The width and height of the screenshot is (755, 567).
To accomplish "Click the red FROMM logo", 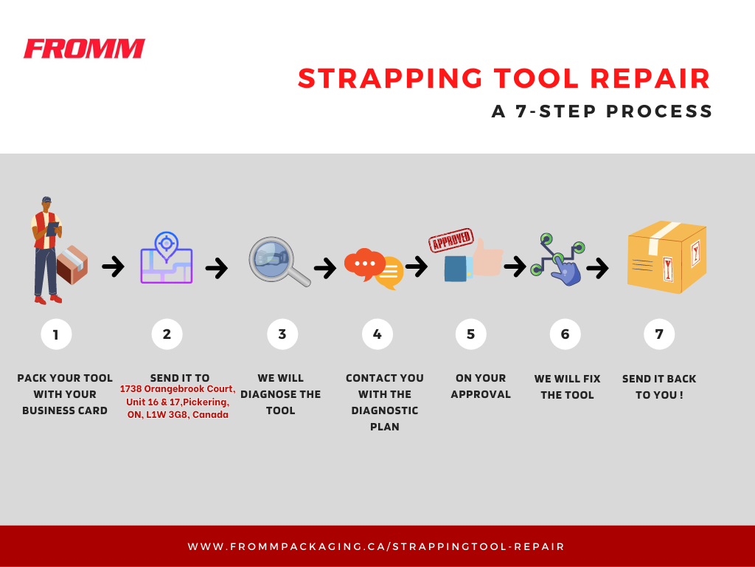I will (x=84, y=49).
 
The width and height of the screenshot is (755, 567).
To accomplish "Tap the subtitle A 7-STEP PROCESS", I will (x=602, y=111).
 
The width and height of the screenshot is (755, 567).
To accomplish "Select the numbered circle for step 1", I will (x=56, y=334).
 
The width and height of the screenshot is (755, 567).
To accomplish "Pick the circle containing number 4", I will (x=377, y=334).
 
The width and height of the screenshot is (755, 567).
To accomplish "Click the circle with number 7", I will (x=658, y=334).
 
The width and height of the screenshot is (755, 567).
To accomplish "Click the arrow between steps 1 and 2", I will (x=113, y=267).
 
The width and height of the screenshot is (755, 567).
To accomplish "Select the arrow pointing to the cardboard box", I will (x=597, y=268).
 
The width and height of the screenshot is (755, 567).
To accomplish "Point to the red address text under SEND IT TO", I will (x=177, y=402).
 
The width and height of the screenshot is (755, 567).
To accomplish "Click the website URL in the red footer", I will (x=376, y=547).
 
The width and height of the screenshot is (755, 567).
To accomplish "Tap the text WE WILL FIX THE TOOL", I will (x=567, y=387).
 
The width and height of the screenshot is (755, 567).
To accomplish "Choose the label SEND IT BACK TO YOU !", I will (x=658, y=387).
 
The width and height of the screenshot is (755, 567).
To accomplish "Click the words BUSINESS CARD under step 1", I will (x=65, y=410).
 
